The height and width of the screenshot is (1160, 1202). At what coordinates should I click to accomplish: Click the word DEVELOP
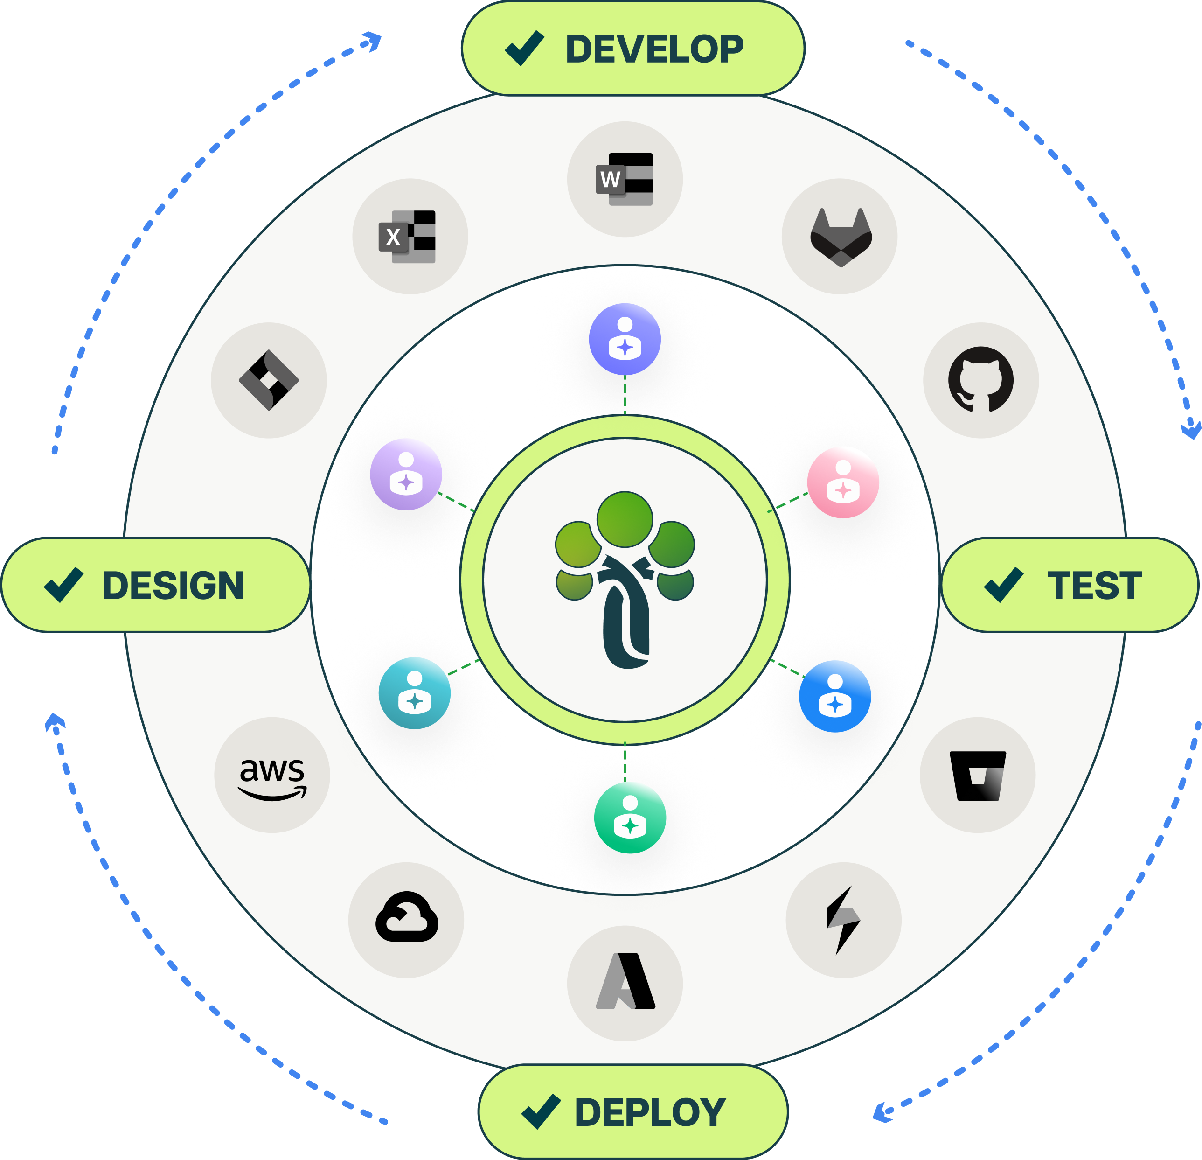[x=654, y=49]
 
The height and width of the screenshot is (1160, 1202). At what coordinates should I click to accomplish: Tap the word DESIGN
[x=173, y=585]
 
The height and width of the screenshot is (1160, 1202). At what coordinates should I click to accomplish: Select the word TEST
[x=1095, y=585]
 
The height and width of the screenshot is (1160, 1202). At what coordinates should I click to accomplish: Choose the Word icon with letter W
[x=624, y=179]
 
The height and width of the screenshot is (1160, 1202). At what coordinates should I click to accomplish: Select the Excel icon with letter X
[x=408, y=237]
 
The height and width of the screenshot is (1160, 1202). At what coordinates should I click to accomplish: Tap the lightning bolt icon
[x=843, y=920]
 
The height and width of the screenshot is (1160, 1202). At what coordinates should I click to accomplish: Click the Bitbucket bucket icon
[x=978, y=776]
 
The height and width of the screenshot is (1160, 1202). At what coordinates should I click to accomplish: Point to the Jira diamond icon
[x=269, y=380]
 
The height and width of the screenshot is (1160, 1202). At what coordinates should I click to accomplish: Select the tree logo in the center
[x=625, y=579]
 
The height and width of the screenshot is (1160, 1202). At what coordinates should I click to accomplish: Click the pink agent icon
[x=843, y=482]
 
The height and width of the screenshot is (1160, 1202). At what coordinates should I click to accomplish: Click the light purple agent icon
[x=406, y=474]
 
